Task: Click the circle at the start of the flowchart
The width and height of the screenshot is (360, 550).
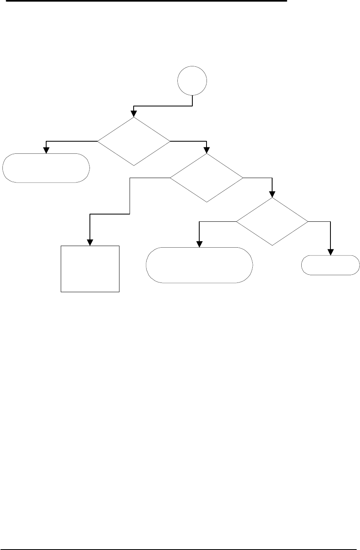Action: click(192, 81)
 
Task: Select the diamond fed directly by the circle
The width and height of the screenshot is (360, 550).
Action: click(134, 141)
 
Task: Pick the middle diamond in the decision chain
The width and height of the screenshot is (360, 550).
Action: click(207, 178)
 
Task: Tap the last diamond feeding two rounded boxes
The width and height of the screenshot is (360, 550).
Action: click(272, 221)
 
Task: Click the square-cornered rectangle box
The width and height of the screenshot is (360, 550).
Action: click(90, 268)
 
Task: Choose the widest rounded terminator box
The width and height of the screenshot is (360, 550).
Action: click(199, 265)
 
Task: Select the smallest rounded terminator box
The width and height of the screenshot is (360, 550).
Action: click(331, 265)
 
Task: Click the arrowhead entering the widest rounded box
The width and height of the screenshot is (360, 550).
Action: click(199, 244)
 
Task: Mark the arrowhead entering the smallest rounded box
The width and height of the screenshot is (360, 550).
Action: click(331, 253)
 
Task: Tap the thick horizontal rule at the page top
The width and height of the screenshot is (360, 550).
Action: click(143, 1)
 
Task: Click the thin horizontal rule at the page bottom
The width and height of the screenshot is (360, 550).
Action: click(180, 538)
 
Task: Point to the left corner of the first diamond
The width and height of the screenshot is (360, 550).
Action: click(98, 141)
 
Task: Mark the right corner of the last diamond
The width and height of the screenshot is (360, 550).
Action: click(307, 221)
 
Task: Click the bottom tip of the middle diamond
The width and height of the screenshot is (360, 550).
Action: click(207, 202)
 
